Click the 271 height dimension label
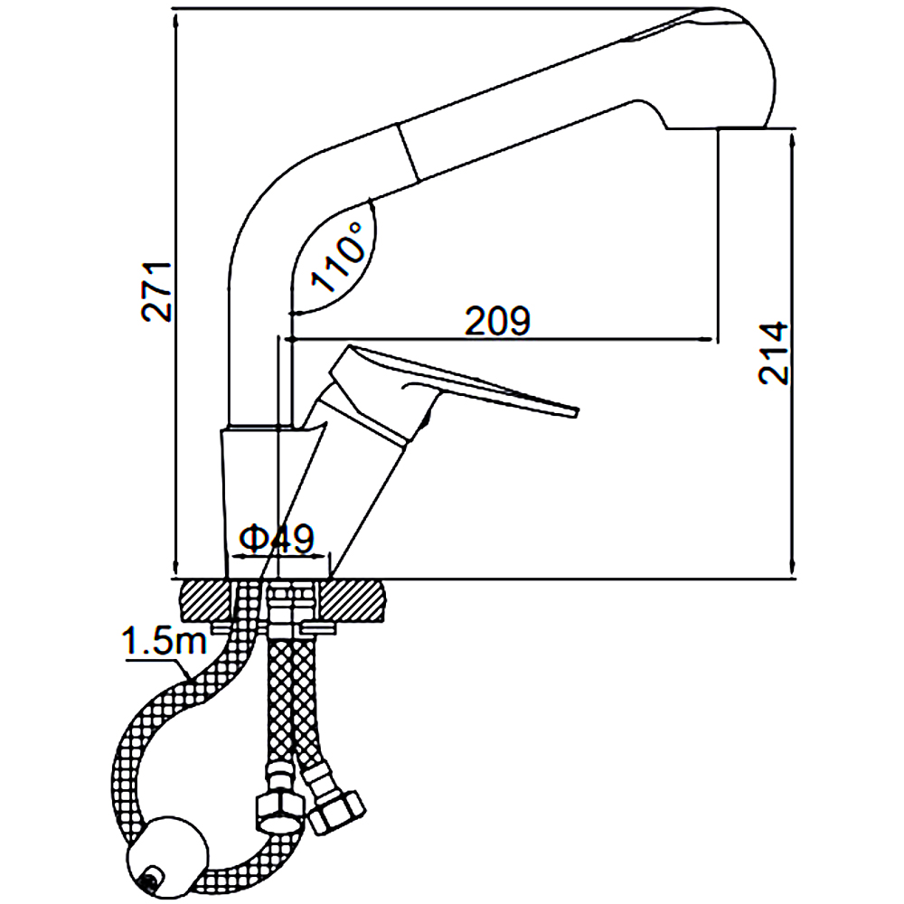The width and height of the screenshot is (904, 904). [156, 292]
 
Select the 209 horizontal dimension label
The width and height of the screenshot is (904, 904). [495, 321]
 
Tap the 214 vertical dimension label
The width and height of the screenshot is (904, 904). [774, 353]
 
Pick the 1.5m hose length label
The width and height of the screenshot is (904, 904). [164, 644]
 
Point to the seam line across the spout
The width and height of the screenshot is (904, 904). [408, 150]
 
